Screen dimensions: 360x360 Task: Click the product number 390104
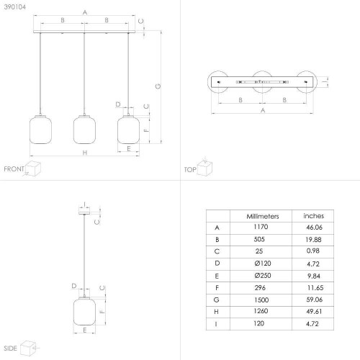(x=14, y=7)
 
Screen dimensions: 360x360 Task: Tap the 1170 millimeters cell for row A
(x=261, y=227)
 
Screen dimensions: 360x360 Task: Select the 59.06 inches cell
(x=314, y=300)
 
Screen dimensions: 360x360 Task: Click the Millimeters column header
(x=263, y=217)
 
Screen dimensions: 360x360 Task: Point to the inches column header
(x=313, y=216)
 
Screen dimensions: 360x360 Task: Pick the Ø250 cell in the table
(x=263, y=276)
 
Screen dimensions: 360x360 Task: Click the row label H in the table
(x=216, y=312)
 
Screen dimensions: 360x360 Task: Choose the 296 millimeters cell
(x=260, y=287)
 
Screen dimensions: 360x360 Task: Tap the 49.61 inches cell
(x=314, y=312)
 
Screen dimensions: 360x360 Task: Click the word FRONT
(x=14, y=169)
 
